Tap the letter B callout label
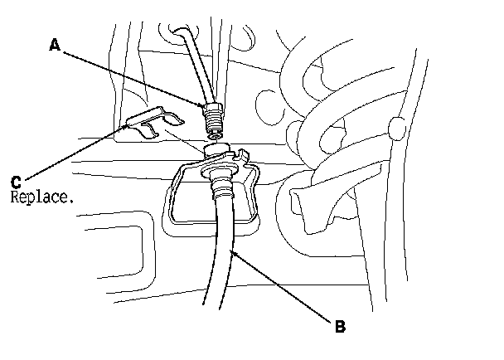coord(339,326)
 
